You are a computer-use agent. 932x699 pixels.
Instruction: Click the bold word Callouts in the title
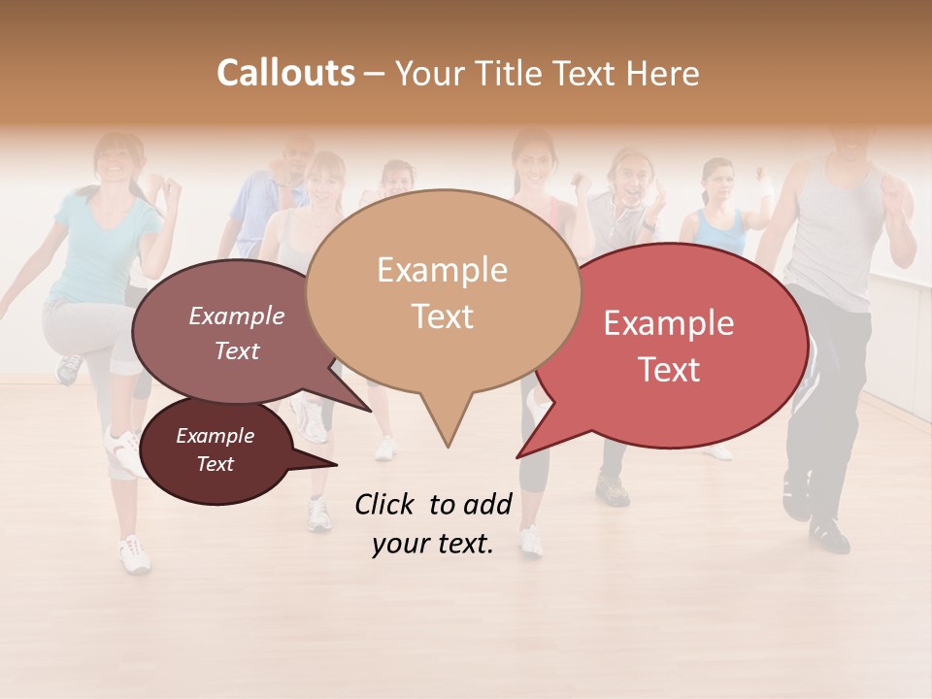(285, 73)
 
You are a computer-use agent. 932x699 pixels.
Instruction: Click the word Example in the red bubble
(668, 323)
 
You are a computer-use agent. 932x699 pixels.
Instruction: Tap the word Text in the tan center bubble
(443, 316)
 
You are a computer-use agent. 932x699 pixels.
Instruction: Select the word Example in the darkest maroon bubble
(215, 436)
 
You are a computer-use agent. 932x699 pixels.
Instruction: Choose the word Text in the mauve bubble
(236, 350)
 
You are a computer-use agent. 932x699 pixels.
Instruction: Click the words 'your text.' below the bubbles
(433, 544)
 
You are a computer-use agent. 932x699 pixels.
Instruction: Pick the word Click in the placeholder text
(386, 504)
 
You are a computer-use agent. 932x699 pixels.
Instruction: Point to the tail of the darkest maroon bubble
(330, 463)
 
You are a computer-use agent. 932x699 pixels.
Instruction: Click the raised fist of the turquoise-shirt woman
(172, 186)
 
